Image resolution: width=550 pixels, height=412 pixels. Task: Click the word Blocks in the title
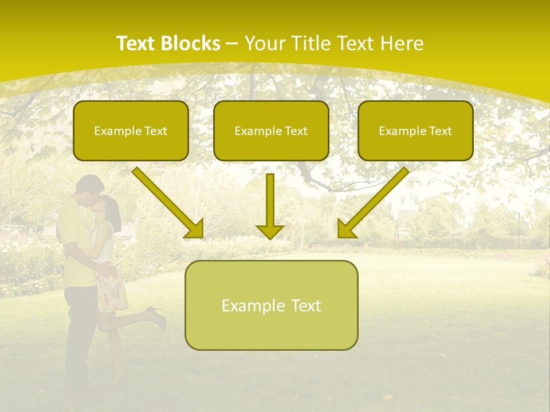click(x=192, y=43)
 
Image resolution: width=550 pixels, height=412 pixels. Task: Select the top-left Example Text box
click(x=131, y=130)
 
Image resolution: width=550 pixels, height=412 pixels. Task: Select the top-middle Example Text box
click(x=271, y=130)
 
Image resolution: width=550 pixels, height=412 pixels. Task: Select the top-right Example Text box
click(x=415, y=130)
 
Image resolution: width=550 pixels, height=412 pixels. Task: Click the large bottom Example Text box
click(x=271, y=305)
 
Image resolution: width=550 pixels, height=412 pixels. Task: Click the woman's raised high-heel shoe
click(x=156, y=315)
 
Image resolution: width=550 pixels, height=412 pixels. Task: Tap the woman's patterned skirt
click(x=112, y=292)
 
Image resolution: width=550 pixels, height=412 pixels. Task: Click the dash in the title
click(x=232, y=43)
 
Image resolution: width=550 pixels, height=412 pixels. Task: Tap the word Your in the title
click(x=265, y=43)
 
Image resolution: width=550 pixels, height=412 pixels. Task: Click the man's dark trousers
click(x=77, y=332)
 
